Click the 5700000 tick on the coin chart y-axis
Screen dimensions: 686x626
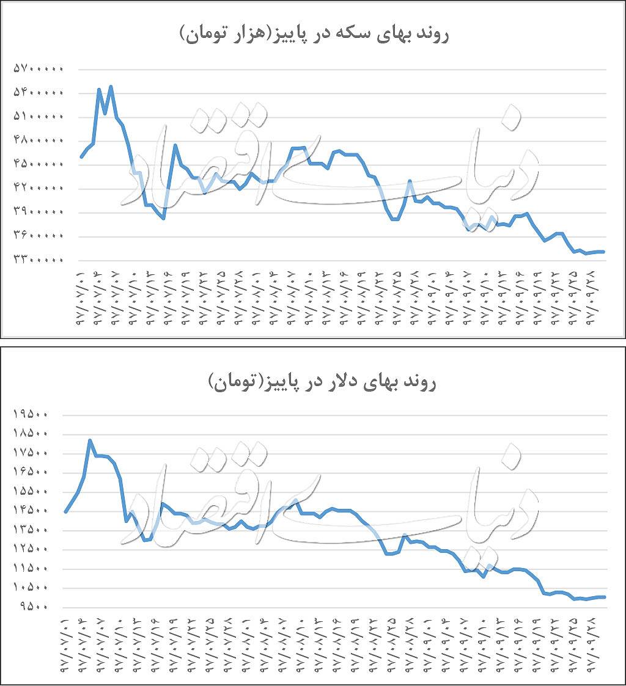click(38, 69)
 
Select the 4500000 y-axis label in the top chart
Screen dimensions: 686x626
click(38, 164)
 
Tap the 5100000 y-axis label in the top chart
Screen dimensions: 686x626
click(38, 117)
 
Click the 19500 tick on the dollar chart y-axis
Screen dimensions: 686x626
click(38, 414)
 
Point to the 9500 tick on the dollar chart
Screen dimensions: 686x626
click(41, 607)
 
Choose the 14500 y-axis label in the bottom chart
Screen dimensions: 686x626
click(38, 511)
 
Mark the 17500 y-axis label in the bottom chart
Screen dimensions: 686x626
click(38, 453)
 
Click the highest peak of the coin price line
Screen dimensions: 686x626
click(111, 86)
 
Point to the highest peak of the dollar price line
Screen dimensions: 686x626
click(90, 440)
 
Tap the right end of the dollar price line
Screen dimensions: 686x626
click(605, 597)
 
